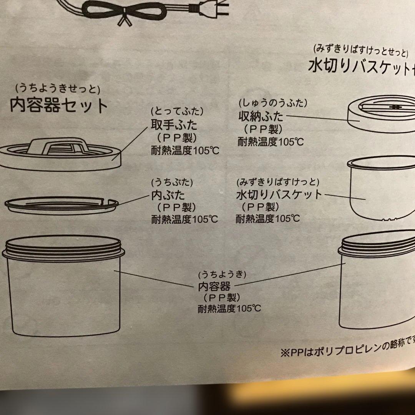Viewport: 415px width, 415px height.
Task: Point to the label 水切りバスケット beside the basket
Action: point(279,194)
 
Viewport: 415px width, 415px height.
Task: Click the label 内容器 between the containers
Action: point(214,286)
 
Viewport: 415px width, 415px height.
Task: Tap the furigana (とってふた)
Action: point(177,111)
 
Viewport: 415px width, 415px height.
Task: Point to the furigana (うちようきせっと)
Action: point(58,90)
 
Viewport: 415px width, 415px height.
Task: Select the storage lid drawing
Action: point(380,114)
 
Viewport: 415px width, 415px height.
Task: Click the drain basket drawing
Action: point(380,190)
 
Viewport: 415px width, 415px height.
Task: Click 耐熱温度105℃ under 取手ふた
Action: point(185,149)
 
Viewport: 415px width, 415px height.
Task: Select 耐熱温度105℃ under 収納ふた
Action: point(271,142)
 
